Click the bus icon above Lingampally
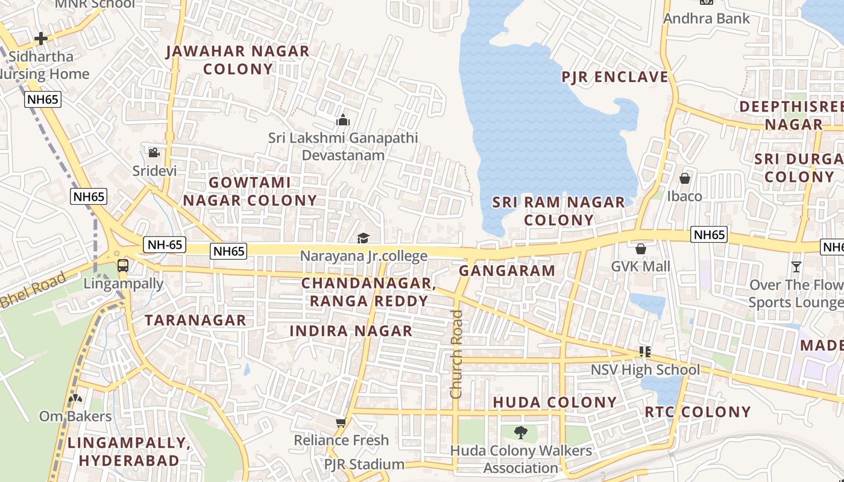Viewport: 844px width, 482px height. pos(122,265)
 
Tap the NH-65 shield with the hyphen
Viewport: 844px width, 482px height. pos(165,245)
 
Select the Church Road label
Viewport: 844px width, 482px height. pos(456,354)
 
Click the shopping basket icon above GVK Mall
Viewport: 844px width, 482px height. pos(640,248)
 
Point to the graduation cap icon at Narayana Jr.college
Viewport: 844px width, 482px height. pos(363,239)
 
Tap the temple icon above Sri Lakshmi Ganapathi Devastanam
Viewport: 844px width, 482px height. pos(343,120)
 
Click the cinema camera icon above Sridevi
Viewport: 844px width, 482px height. pos(154,152)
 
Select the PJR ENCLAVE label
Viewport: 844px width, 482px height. pos(615,77)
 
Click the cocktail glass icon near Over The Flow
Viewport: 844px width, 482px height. pos(796,266)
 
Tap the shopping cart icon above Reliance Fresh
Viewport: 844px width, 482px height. pos(341,422)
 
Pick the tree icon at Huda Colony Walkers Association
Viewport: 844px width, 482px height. pos(520,432)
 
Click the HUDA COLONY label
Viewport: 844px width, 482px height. pos(555,402)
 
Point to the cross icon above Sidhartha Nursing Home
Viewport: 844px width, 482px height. pos(41,39)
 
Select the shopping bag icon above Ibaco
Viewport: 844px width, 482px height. pos(684,178)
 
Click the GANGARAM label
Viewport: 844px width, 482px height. pos(507,271)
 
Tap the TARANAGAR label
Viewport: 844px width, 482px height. pos(195,320)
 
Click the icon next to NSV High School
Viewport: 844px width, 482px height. pos(644,352)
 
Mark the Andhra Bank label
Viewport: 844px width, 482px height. pos(707,19)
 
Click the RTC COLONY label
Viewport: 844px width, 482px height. pos(698,412)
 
